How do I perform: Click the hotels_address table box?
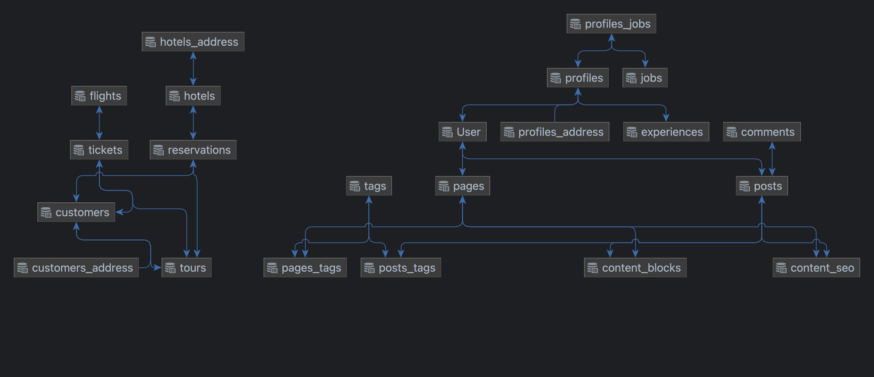point(193,42)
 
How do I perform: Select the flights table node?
point(99,96)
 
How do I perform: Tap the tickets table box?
point(99,150)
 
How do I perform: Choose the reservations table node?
point(193,150)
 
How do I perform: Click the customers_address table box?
point(76,268)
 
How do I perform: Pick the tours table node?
point(186,268)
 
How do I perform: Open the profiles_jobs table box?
point(611,24)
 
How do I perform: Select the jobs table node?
point(645,78)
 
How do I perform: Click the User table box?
point(462,132)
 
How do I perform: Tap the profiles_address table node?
point(555,132)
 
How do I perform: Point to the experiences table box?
point(666,132)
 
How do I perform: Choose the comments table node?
point(762,132)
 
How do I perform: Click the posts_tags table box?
point(401,268)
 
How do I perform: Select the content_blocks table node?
point(635,268)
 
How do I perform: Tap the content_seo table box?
point(816,268)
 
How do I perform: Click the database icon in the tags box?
point(354,186)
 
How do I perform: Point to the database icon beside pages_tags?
point(272,268)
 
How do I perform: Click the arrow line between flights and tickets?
point(99,123)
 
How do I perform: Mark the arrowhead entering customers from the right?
point(119,212)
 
